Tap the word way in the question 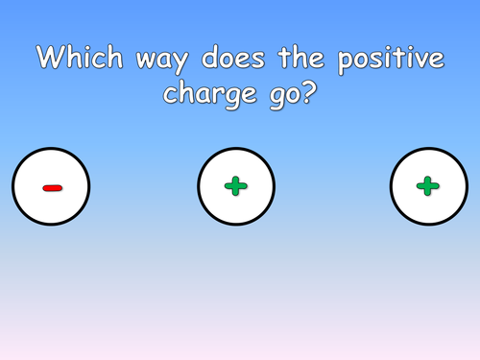156,60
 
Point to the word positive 389,59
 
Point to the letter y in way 177,63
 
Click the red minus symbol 52,187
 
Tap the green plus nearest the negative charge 236,187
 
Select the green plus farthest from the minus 428,187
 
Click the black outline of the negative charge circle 12,187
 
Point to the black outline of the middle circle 198,187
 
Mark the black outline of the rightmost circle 391,187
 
